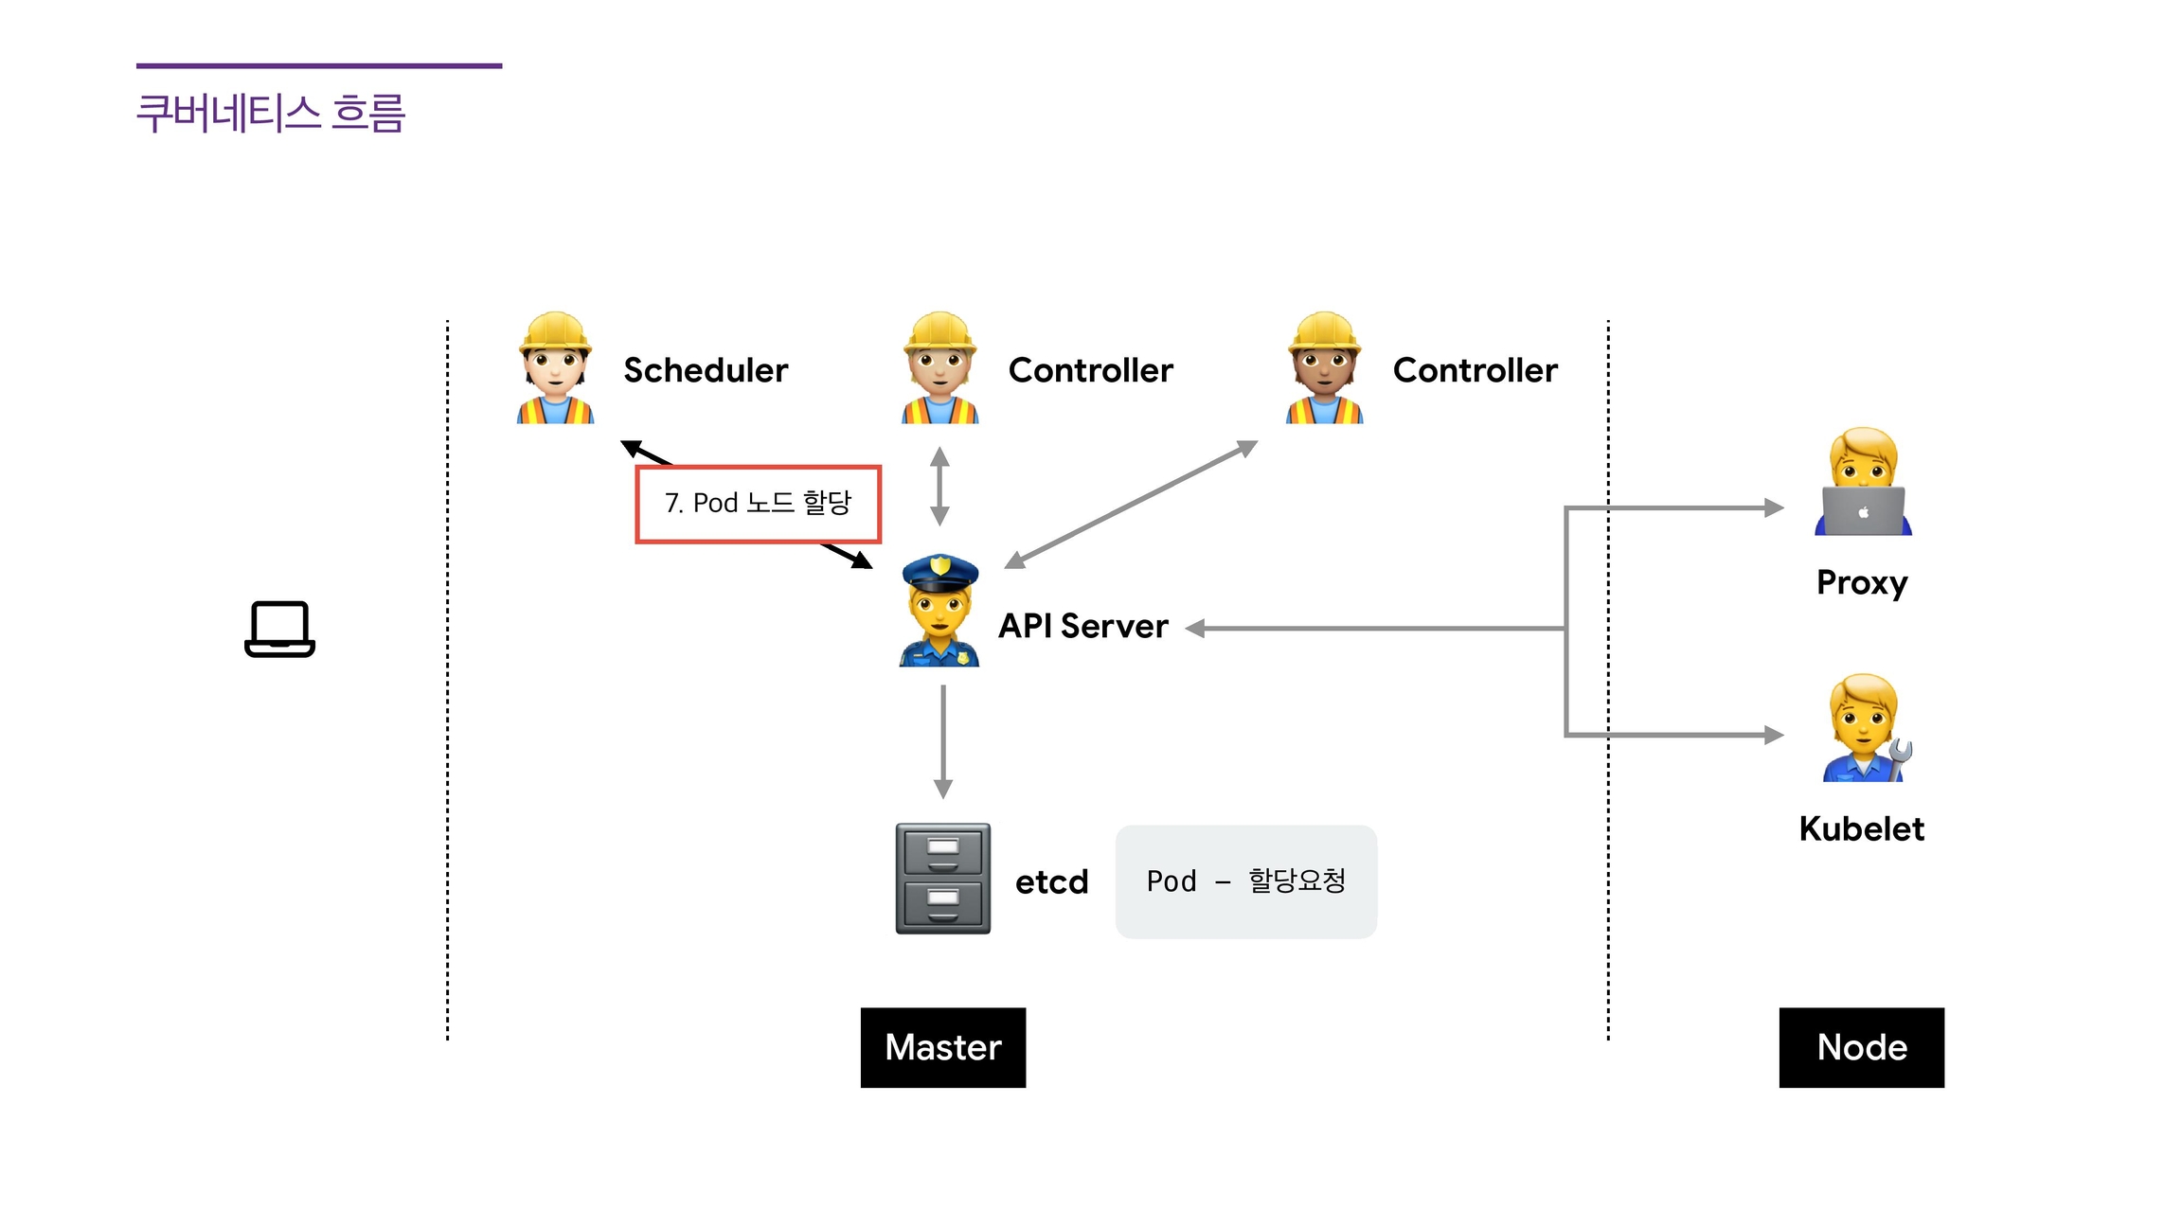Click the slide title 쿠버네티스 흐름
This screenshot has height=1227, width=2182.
click(271, 114)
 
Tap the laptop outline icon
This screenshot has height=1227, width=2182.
click(279, 629)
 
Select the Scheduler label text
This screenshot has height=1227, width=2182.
click(706, 370)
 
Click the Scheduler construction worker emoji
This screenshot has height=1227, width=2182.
click(555, 368)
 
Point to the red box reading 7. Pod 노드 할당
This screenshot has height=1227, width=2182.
click(758, 504)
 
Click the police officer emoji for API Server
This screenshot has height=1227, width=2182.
click(939, 611)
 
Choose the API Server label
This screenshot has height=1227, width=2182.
click(1083, 626)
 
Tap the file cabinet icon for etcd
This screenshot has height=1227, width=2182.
click(943, 879)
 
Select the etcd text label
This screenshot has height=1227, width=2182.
click(1051, 882)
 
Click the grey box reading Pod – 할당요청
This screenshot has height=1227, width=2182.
click(1245, 881)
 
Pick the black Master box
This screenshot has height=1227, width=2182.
click(942, 1047)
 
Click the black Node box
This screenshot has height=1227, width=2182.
click(1861, 1047)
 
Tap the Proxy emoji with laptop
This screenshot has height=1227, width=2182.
click(1863, 482)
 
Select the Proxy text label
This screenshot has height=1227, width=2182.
click(1862, 582)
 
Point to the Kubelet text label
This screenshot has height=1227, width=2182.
click(1861, 829)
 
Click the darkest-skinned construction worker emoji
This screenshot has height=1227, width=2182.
click(1324, 368)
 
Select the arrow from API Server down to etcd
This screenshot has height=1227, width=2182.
click(943, 741)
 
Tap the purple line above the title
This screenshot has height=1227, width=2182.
click(319, 66)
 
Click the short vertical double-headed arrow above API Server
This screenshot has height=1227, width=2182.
click(939, 487)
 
